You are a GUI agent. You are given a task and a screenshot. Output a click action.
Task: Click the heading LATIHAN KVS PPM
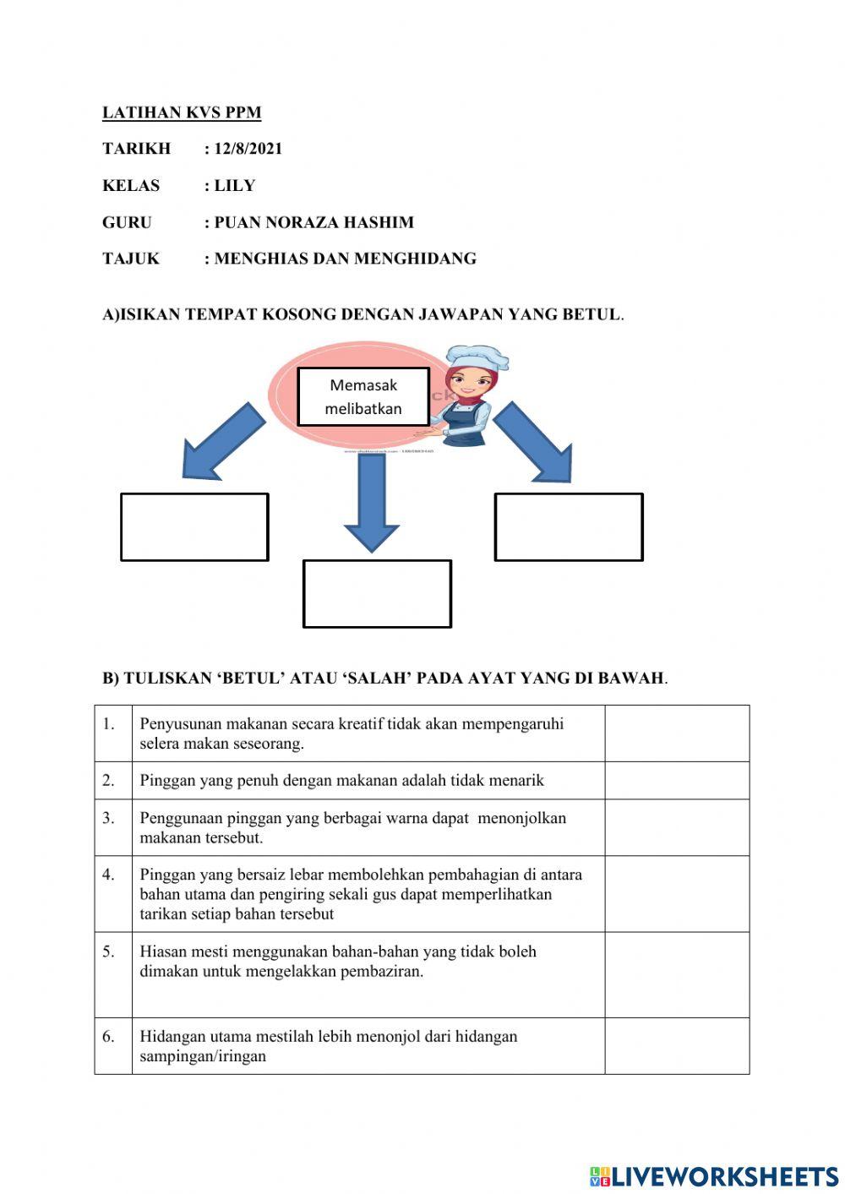click(182, 112)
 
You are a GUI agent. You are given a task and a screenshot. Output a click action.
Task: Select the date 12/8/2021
click(248, 149)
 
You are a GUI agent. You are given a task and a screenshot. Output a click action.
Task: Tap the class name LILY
click(234, 186)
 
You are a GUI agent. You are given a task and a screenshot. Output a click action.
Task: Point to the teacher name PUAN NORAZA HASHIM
click(313, 222)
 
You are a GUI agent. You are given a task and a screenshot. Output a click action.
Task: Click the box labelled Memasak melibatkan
click(363, 396)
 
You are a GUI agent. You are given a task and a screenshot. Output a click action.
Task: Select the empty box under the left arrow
click(194, 526)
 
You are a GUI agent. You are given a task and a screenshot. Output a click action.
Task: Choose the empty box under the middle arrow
click(377, 593)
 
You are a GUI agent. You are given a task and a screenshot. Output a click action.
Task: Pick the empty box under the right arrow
click(569, 526)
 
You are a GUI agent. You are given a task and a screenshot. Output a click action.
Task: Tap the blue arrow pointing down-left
click(221, 442)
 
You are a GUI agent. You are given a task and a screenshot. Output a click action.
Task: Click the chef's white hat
click(477, 358)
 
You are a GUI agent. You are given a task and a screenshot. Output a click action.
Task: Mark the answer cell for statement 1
click(676, 733)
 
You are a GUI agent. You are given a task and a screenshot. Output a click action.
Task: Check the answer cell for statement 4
click(676, 893)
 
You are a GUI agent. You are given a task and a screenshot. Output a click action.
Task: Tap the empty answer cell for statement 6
click(676, 1045)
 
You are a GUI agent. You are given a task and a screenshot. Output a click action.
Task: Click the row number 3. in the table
click(109, 818)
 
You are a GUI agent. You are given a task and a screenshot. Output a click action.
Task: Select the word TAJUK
click(131, 259)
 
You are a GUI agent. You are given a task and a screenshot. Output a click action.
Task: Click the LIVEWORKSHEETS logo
click(714, 1175)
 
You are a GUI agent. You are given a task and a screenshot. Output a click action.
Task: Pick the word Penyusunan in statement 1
click(179, 724)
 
